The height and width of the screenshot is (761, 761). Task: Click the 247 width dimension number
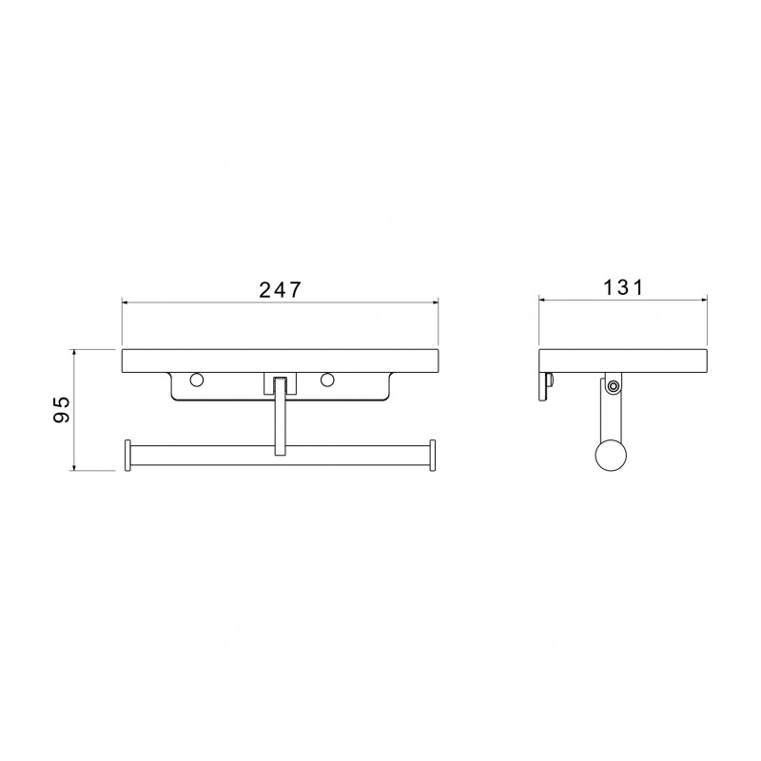[280, 290]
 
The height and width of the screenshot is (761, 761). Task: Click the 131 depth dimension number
[623, 287]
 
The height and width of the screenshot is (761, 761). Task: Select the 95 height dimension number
[62, 410]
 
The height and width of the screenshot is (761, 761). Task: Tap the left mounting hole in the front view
[197, 380]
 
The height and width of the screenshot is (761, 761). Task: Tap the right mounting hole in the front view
[327, 380]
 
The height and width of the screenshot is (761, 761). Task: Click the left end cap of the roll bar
[128, 456]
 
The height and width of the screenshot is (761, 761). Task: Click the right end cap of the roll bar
[432, 456]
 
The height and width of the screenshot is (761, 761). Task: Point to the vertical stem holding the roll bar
[279, 417]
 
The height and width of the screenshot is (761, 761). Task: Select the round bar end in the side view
[611, 456]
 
